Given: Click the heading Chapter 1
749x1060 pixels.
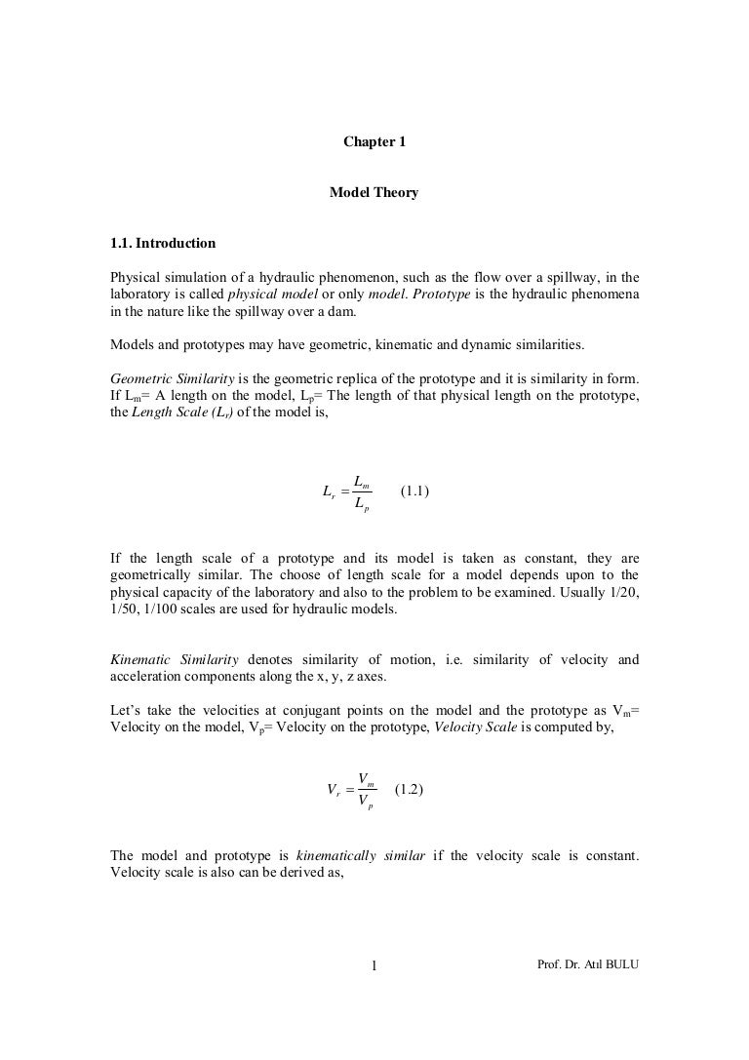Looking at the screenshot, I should click(x=374, y=142).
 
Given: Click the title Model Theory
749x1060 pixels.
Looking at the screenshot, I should click(x=374, y=193).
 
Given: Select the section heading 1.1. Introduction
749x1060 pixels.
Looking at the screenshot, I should click(x=163, y=243).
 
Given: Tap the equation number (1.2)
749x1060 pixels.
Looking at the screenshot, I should click(x=409, y=791).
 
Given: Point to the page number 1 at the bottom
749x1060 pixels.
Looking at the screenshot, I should click(x=374, y=967).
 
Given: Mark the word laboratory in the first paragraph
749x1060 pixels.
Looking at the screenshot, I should click(x=141, y=294).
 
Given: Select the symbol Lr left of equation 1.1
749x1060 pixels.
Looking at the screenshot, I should click(x=329, y=491).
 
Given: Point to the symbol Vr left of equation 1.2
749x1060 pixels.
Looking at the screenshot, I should click(x=335, y=792).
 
